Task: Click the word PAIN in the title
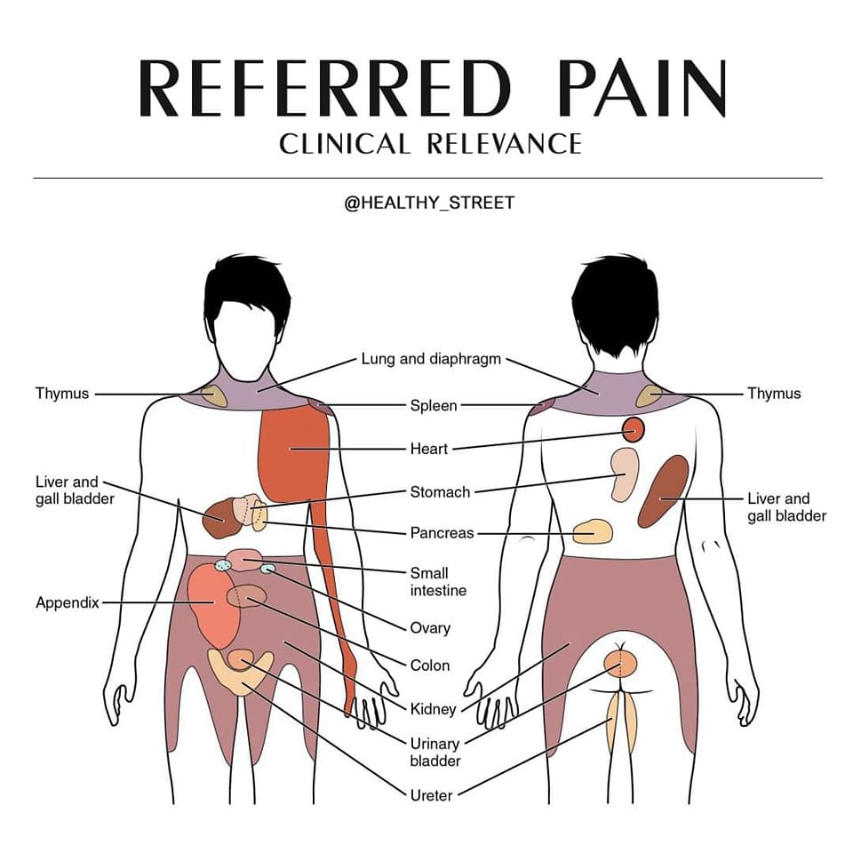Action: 642,88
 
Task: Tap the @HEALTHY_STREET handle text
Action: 429,203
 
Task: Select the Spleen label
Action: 434,406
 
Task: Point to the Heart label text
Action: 429,449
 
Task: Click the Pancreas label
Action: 442,533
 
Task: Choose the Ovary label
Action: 430,628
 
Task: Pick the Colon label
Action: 430,666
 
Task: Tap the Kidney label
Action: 433,709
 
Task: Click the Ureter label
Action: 432,795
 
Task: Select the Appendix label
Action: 68,602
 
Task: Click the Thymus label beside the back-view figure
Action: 774,394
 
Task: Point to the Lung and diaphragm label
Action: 431,359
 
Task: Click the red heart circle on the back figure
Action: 634,430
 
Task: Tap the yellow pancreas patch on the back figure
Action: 593,532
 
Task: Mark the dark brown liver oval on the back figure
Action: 663,491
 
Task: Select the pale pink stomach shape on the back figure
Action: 624,474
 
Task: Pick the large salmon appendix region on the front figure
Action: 214,605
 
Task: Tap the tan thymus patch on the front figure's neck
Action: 214,396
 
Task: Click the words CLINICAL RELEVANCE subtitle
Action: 430,144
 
